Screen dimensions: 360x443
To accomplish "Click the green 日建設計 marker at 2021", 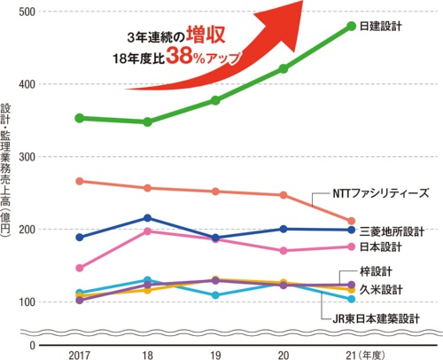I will tap(351, 26).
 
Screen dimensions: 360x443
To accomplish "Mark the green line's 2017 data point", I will tap(80, 118).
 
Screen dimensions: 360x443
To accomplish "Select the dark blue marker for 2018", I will tap(147, 218).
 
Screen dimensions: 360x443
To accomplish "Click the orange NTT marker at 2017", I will tap(80, 181).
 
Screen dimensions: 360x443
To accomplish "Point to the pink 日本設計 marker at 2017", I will tap(80, 268).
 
